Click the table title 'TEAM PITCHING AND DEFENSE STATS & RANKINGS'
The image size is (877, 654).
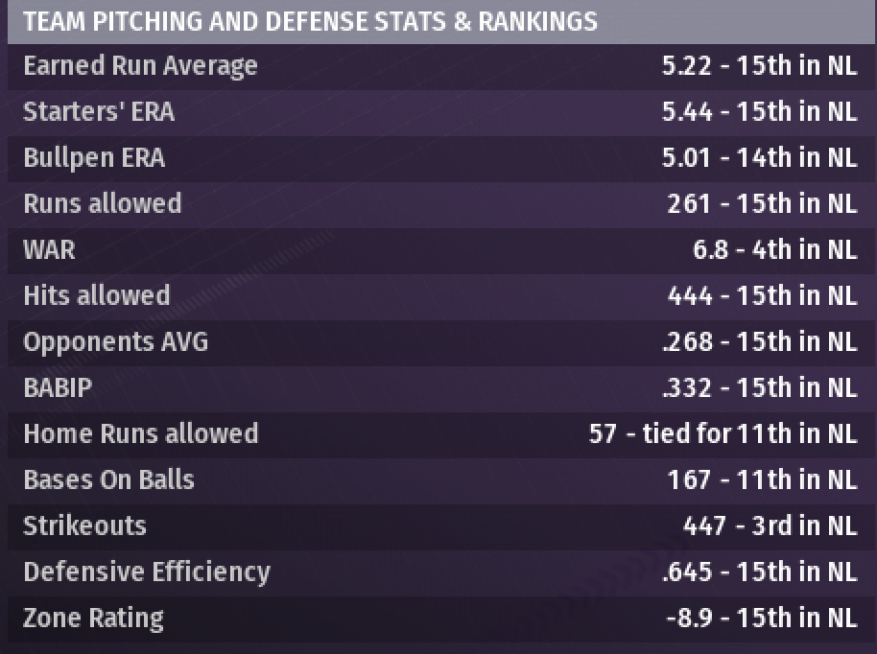tap(309, 21)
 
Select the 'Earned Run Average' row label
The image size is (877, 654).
tap(140, 66)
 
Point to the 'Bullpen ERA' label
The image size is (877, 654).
tap(94, 158)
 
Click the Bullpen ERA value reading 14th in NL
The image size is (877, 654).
tap(759, 158)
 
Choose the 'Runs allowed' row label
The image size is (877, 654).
tap(102, 203)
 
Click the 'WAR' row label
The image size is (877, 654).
tap(49, 249)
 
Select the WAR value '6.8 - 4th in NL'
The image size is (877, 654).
tap(774, 249)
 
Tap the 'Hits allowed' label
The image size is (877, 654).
tap(96, 295)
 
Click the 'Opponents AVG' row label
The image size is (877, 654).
tap(115, 341)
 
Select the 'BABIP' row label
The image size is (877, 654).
tap(57, 387)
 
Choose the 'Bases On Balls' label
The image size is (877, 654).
tap(108, 479)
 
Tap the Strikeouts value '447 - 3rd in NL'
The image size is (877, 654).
tap(770, 526)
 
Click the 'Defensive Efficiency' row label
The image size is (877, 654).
tap(147, 572)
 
